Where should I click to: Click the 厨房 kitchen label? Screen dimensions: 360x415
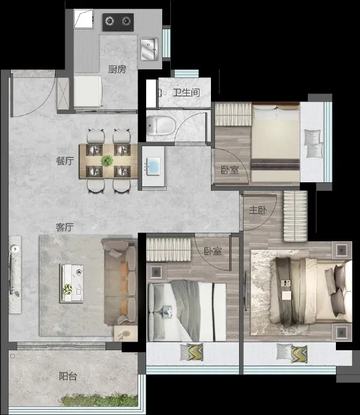[117, 69]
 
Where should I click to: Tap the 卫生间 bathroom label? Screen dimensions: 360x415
[186, 93]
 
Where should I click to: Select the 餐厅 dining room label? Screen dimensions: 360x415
[65, 161]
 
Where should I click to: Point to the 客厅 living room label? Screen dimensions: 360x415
[65, 227]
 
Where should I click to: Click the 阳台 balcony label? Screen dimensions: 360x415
[68, 376]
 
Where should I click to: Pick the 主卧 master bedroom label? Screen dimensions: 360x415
[258, 210]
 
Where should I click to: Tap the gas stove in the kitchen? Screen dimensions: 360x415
[118, 22]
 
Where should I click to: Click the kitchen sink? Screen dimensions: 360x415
[149, 49]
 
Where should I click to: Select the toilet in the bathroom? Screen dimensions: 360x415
[161, 125]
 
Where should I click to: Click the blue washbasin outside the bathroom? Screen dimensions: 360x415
[153, 166]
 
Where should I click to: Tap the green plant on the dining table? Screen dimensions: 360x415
[107, 160]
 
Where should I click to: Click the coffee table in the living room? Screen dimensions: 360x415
[72, 283]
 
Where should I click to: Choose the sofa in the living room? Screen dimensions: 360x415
[120, 282]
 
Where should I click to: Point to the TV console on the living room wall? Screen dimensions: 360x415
[15, 275]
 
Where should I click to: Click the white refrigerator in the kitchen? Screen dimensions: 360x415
[88, 92]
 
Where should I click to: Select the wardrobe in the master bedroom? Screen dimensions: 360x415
[295, 216]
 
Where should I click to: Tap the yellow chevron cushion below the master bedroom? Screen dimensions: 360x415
[299, 354]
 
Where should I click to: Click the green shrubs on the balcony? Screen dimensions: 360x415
[99, 400]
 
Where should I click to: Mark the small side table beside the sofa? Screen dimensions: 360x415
[126, 334]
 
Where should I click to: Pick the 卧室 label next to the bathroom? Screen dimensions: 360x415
[230, 170]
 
